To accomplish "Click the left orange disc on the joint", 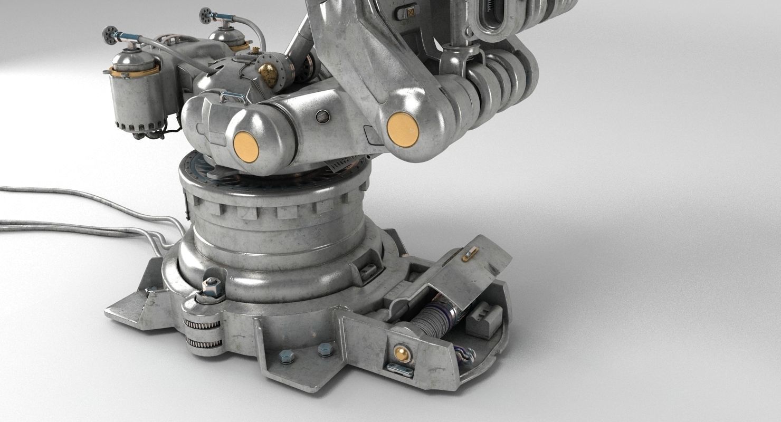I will click(246, 146).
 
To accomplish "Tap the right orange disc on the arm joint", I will click(403, 129).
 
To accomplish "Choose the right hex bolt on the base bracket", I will click(325, 349).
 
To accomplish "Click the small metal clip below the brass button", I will click(399, 370).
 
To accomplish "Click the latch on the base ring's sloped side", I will click(367, 271).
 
